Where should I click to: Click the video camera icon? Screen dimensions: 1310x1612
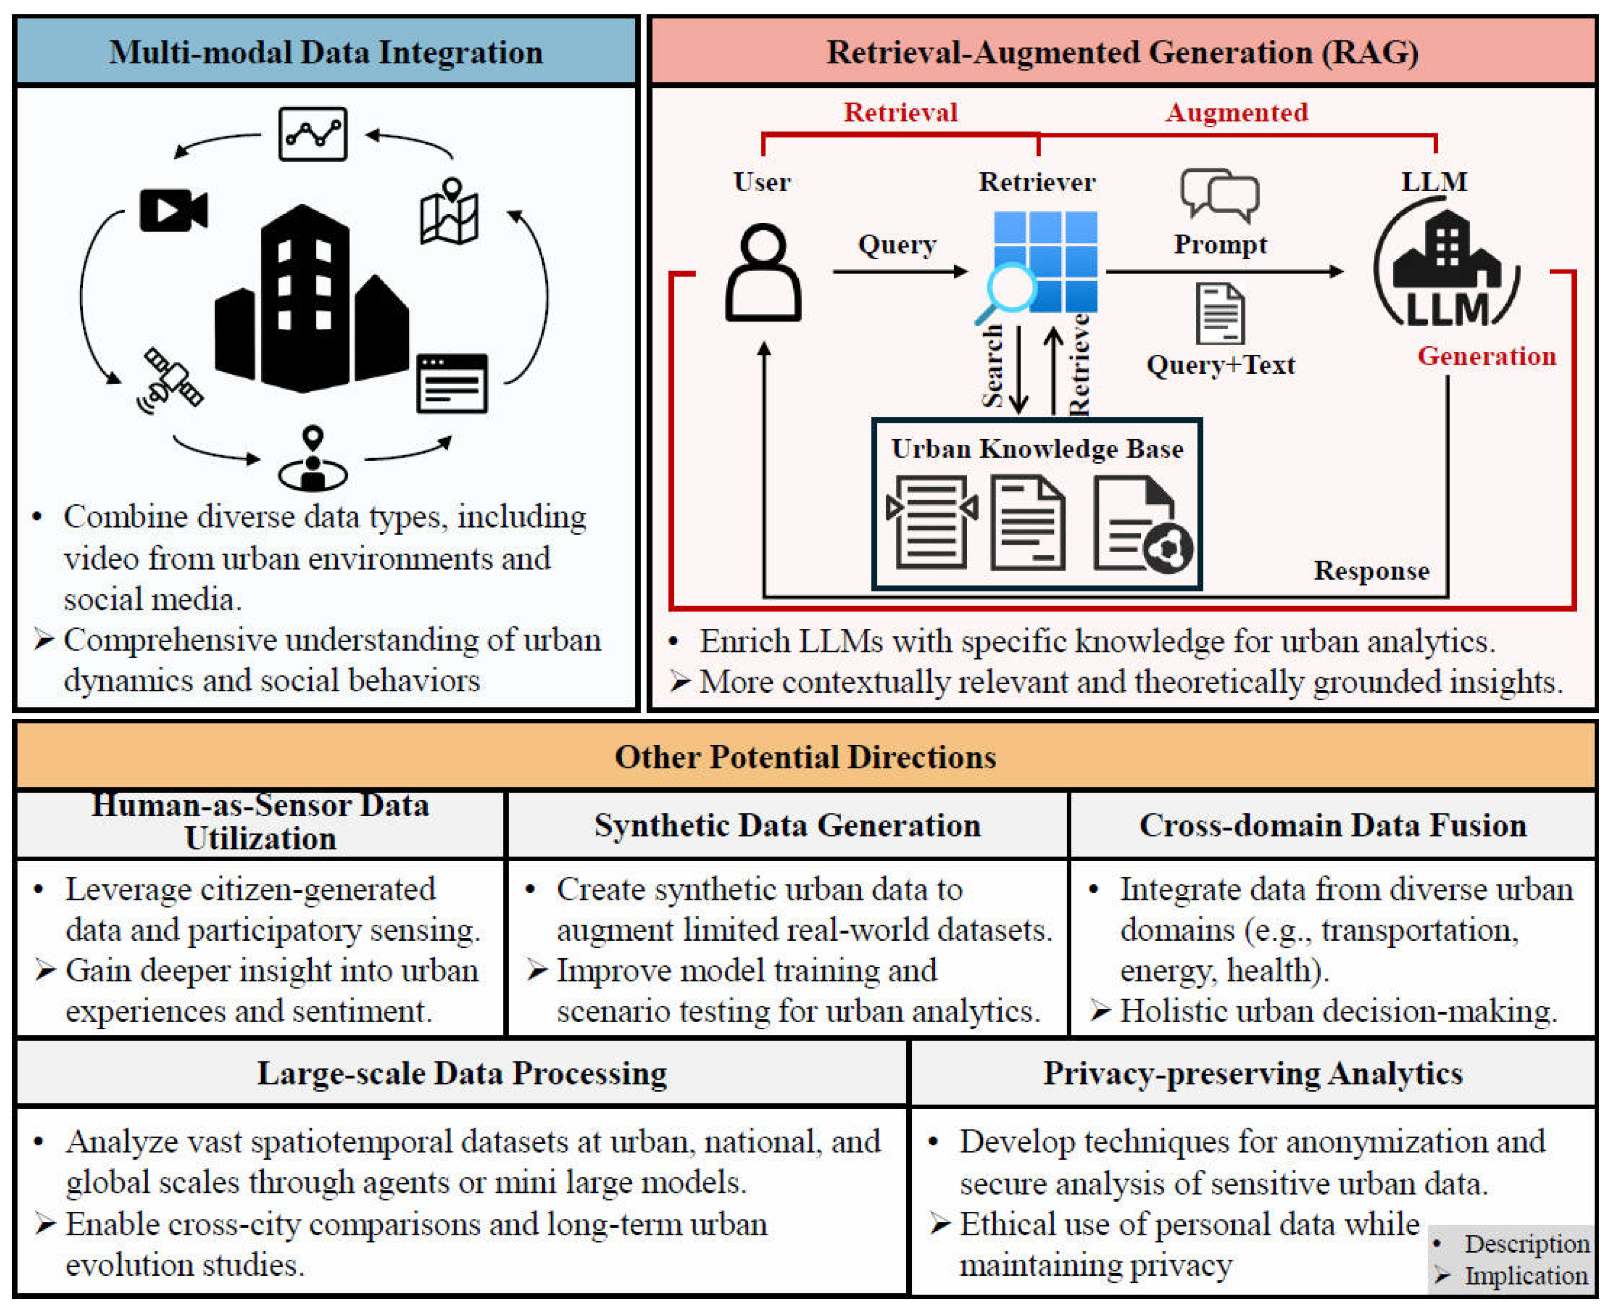173,210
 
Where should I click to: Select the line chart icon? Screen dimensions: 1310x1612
312,134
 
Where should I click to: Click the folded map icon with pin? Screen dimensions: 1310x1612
450,212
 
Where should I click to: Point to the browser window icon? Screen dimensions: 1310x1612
452,383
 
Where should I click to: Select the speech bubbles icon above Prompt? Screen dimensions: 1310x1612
1220,195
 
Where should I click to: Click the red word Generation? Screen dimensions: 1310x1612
1486,356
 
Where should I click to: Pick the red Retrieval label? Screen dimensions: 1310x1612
900,112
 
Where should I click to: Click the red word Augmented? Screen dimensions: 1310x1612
1236,112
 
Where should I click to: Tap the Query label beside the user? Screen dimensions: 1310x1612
897,244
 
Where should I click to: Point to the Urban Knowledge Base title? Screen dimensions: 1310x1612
1037,449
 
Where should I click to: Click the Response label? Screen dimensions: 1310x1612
1371,571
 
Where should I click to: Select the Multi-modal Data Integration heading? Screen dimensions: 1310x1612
326,53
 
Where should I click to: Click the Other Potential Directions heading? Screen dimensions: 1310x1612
805,757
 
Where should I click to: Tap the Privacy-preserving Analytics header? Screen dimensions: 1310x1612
1252,1073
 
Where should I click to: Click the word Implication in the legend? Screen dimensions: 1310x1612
1525,1275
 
